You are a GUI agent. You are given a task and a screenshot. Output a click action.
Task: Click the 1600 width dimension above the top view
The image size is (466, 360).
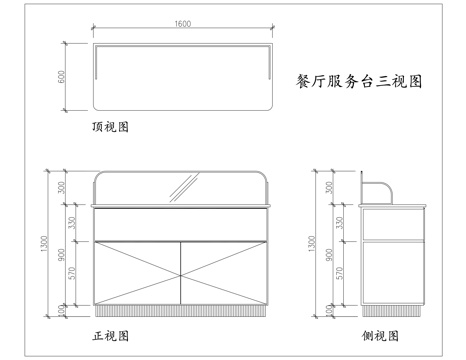[183, 23]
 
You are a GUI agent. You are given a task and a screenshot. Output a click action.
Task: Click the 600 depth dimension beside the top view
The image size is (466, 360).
[60, 76]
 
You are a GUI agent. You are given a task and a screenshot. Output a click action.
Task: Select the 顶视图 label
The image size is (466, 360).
[110, 127]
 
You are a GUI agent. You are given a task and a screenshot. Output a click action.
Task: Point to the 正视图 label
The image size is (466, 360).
[110, 336]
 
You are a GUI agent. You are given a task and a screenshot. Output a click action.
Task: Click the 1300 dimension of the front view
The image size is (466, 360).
[44, 245]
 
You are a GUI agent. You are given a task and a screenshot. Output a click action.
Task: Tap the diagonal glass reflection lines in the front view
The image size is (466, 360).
[182, 186]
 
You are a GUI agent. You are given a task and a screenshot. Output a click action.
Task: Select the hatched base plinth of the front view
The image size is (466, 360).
[181, 308]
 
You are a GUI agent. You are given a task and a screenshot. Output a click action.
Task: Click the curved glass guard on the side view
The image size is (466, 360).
[379, 188]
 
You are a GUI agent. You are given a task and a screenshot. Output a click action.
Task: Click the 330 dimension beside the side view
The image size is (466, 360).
[341, 223]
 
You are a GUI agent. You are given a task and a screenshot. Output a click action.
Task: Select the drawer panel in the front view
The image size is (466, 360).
[181, 223]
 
